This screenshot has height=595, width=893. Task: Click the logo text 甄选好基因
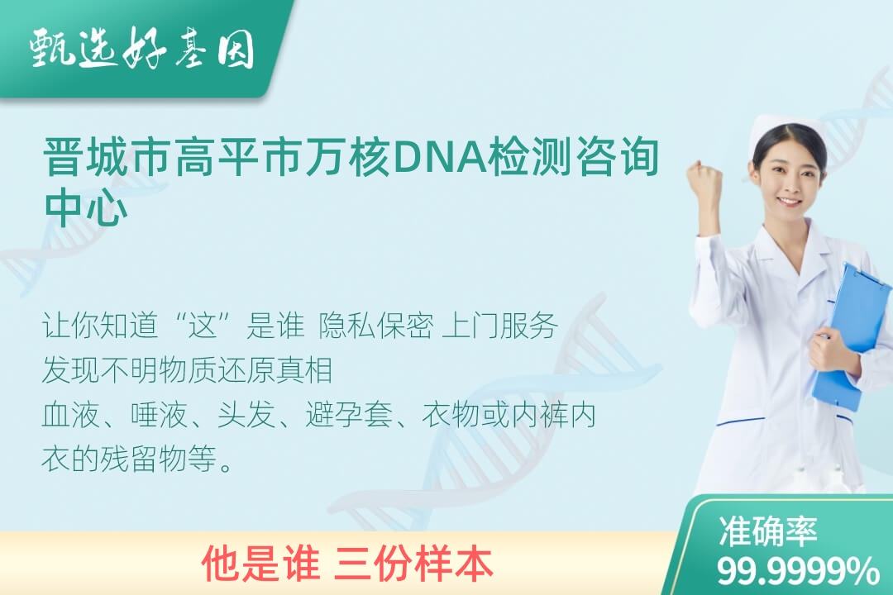tap(142, 49)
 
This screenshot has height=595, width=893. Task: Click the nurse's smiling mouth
tap(790, 202)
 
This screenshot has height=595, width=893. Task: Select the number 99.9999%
tap(797, 571)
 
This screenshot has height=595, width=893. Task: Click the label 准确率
tap(767, 531)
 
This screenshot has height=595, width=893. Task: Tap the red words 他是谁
tap(260, 564)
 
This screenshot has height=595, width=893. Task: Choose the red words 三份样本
tap(415, 564)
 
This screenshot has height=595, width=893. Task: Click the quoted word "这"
tap(204, 326)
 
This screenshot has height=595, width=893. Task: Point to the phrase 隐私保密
tap(376, 326)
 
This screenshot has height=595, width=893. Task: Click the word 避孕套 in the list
tap(349, 415)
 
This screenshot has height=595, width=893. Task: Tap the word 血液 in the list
tap(71, 415)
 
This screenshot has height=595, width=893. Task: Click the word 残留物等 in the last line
tap(158, 459)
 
